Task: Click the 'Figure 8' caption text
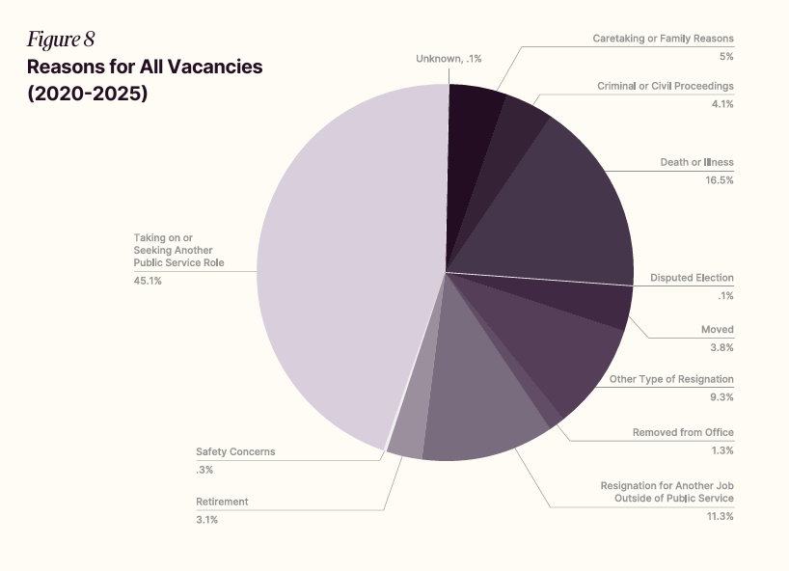tap(61, 40)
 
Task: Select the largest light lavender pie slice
tap(338, 260)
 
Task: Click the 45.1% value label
tap(148, 281)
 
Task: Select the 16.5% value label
tap(719, 179)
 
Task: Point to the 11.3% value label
tap(719, 516)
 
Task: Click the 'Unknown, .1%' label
tap(449, 59)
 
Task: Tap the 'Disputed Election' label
tap(692, 278)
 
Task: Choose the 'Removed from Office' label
tap(683, 432)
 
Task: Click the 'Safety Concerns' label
tap(235, 451)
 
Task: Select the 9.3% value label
tap(721, 396)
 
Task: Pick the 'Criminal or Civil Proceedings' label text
tap(666, 86)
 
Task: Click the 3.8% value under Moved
tap(721, 347)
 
